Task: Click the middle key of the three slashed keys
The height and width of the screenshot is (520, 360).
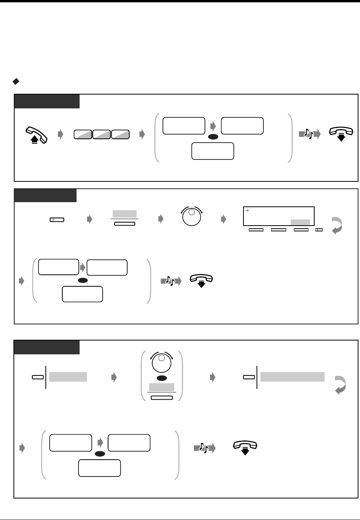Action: click(x=102, y=135)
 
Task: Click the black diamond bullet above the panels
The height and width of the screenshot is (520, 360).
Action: click(x=16, y=81)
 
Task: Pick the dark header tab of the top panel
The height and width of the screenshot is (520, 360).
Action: click(x=47, y=101)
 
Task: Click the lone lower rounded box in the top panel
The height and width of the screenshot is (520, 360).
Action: click(x=212, y=151)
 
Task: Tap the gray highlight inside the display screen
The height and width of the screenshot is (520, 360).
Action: click(x=300, y=222)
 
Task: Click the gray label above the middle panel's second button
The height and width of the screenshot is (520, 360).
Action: click(x=125, y=214)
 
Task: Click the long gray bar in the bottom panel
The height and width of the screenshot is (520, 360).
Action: click(x=292, y=377)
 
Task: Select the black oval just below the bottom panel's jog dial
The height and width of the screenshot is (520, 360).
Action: click(x=162, y=378)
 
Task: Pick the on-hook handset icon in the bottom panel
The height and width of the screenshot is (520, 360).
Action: click(x=245, y=447)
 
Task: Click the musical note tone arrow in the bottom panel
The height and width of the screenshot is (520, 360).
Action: click(x=204, y=448)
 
